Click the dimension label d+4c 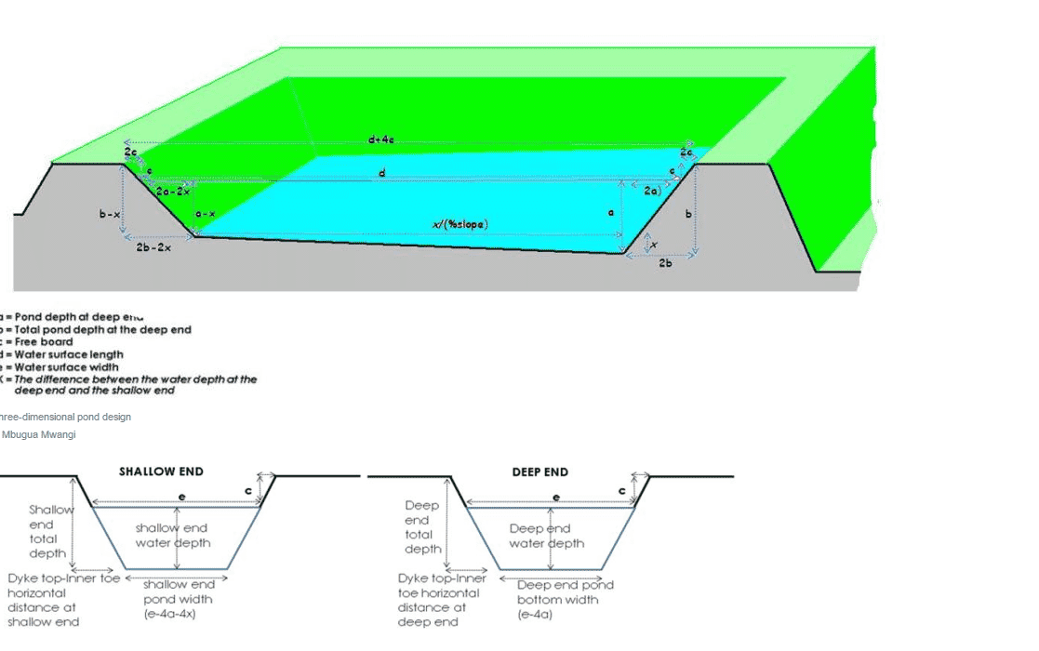tap(381, 139)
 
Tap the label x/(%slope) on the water tap(460, 224)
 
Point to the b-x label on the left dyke tap(110, 214)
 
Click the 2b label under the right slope tap(665, 264)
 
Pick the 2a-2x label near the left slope tap(173, 191)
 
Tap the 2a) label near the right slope tap(652, 190)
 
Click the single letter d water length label tap(381, 173)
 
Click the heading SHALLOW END tap(161, 472)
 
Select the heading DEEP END tap(539, 472)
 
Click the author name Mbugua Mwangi tap(39, 434)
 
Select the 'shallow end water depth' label tap(172, 536)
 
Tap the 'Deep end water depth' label tap(547, 536)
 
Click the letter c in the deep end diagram tap(621, 490)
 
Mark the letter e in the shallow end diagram tap(181, 498)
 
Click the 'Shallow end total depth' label tap(48, 531)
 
